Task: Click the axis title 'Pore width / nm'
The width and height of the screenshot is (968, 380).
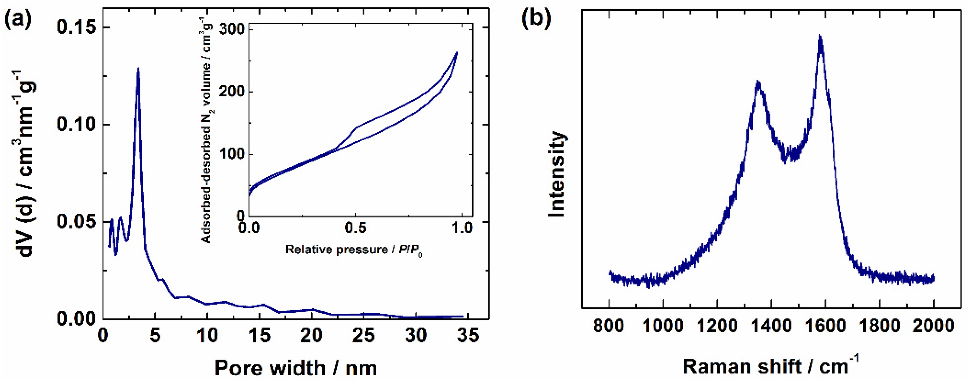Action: [296, 367]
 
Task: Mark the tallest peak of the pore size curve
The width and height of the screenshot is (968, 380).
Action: [138, 69]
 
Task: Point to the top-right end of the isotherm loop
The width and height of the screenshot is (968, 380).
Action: [457, 52]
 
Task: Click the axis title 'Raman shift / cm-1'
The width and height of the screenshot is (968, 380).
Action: [770, 366]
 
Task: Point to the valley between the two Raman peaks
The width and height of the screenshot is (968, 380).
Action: [785, 162]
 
